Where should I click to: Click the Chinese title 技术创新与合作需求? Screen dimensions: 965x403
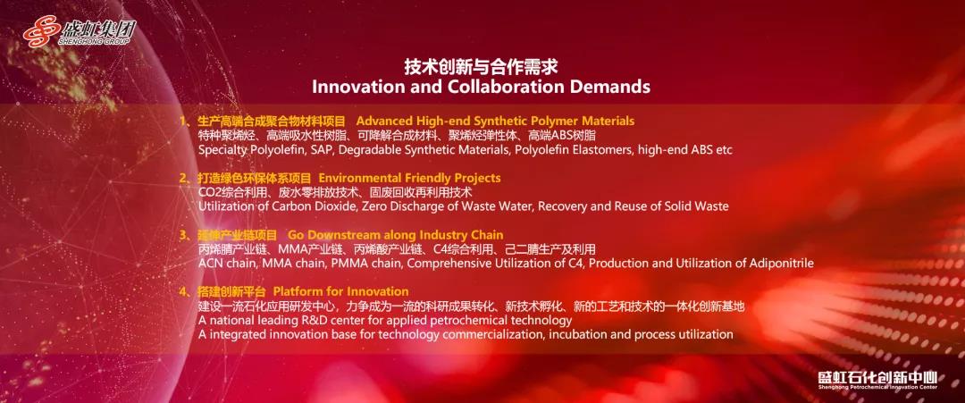481,66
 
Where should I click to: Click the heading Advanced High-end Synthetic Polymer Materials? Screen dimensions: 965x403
495,121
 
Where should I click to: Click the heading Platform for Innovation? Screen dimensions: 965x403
340,291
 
